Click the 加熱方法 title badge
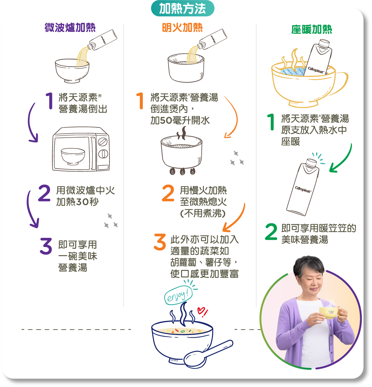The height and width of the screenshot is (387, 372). tap(183, 8)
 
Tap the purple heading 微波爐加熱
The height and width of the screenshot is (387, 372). tap(70, 28)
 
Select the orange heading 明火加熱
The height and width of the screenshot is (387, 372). tap(182, 28)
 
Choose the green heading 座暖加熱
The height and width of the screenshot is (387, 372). tap(311, 30)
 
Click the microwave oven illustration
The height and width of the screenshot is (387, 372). tap(81, 149)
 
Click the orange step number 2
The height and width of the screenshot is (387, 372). tap(168, 193)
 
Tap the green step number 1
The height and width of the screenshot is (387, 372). tap(271, 122)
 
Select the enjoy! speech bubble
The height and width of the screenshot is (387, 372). tap(177, 295)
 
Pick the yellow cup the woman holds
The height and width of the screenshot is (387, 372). tap(328, 313)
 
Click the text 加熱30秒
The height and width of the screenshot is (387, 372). tap(78, 202)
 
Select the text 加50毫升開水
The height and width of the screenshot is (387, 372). tap(180, 120)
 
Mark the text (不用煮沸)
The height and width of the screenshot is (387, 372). tap(203, 213)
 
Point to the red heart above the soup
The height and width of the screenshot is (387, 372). tap(202, 311)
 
